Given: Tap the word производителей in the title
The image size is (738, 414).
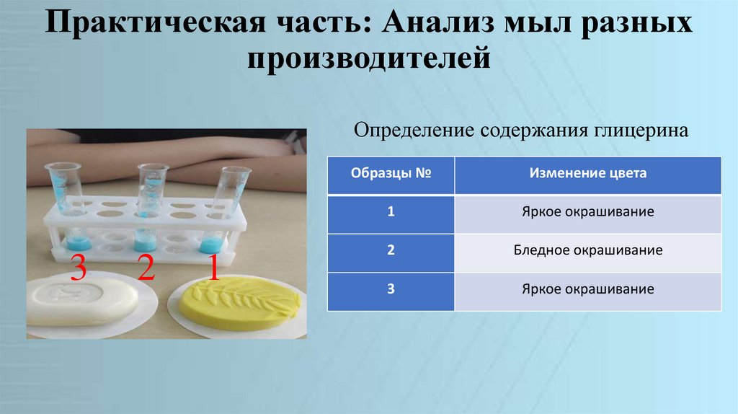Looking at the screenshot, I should coord(368,57).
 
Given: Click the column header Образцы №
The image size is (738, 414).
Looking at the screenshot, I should coord(390,175).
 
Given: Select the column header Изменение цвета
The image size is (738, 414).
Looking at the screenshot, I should coord(587,174).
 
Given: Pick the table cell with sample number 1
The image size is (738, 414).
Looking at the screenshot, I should coord(390,213).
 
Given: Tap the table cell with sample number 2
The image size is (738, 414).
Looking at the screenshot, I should coord(390,252).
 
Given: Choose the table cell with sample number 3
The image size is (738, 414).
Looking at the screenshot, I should coord(390,291).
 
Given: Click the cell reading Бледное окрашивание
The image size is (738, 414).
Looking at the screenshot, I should coord(587,252).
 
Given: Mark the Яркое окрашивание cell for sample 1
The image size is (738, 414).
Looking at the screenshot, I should coord(587,213).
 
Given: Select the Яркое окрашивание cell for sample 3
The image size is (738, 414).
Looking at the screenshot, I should coord(587,291).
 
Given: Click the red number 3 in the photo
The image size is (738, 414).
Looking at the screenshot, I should coord(78,270).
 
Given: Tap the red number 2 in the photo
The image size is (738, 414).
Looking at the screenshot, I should coord(146,268).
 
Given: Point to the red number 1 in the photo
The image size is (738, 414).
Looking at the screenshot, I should coord(213,268).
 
